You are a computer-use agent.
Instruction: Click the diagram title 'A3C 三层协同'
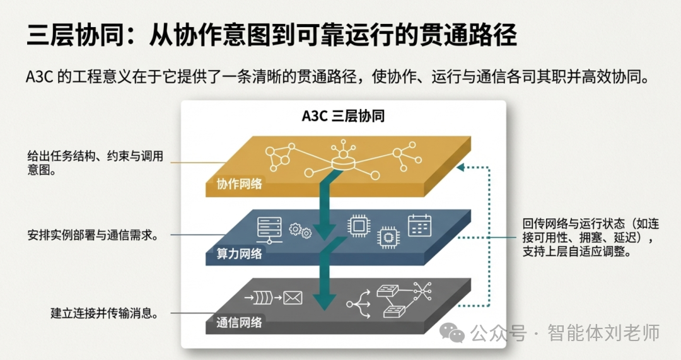tap(343, 117)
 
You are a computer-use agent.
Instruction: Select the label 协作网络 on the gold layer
tap(239, 184)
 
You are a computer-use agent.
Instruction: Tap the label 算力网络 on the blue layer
tap(239, 254)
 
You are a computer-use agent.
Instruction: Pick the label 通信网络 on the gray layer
tap(239, 322)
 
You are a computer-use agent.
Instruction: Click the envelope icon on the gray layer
tap(293, 297)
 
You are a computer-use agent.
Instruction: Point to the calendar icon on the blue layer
tap(419, 225)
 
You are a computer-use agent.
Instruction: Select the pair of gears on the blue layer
tap(300, 231)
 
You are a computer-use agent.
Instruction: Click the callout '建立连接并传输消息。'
tap(103, 313)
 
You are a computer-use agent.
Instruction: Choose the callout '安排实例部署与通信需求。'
tap(92, 235)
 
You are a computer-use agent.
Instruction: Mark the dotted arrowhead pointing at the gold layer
tap(460, 168)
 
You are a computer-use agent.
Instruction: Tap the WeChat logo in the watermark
tap(453, 332)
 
